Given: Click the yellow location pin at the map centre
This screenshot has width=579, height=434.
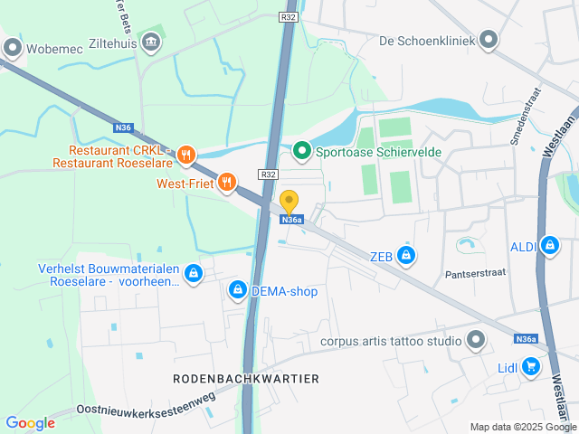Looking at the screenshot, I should click(x=289, y=203).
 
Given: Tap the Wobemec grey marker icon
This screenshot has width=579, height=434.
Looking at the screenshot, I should click(x=12, y=48).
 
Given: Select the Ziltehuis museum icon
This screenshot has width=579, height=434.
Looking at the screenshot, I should click(x=152, y=41).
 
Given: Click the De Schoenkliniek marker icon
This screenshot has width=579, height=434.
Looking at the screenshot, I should click(x=489, y=39).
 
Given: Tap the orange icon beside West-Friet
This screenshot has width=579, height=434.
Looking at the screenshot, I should click(x=226, y=183).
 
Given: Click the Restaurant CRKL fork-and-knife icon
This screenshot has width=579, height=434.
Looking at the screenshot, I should click(x=186, y=155).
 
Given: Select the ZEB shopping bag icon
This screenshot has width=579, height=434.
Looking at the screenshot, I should click(x=406, y=256).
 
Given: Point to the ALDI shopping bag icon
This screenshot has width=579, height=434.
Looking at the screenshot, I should click(x=549, y=244).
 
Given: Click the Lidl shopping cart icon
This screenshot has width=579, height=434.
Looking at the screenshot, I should click(x=531, y=366).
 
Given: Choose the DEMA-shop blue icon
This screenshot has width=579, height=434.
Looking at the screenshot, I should click(x=237, y=289).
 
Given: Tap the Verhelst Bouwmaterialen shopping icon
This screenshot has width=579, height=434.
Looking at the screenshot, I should click(x=193, y=272).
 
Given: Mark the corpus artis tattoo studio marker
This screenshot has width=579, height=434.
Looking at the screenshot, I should click(x=477, y=341).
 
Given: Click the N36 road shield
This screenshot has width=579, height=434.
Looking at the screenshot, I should click(x=123, y=127).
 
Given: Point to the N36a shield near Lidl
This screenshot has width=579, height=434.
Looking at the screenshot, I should click(x=526, y=338).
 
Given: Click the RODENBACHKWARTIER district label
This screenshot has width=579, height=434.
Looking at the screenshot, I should click(x=246, y=378).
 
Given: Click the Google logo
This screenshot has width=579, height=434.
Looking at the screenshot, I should click(x=30, y=422).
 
